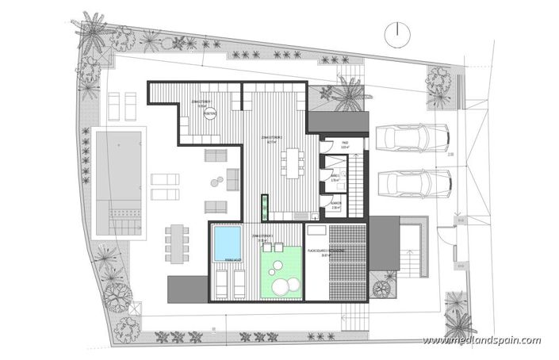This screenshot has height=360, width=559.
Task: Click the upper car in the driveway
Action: (x=412, y=140)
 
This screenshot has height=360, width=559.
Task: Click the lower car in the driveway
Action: (x=412, y=185)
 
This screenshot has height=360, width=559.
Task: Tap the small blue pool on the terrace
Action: (x=228, y=243)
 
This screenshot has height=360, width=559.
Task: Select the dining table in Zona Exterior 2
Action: (x=297, y=163)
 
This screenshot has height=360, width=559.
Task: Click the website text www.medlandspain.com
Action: (x=481, y=341)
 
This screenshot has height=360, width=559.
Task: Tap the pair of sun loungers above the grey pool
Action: (x=121, y=103)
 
